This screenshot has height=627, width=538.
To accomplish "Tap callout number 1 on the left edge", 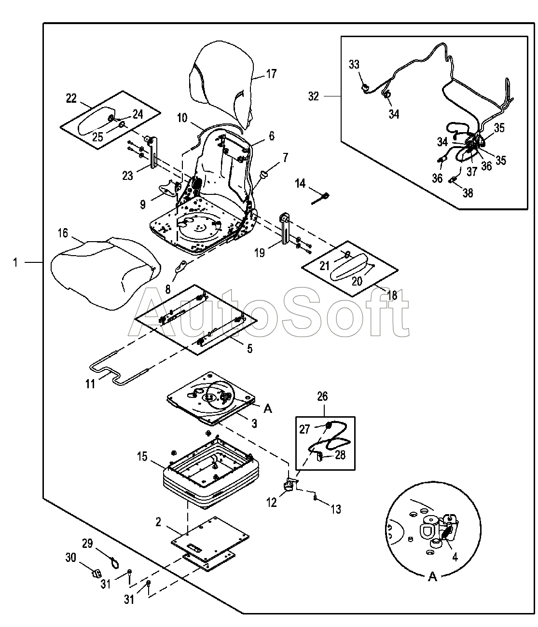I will click(x=16, y=262).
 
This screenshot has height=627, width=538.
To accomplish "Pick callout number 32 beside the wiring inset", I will click(x=314, y=96).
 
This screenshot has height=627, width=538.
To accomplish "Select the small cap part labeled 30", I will click(x=95, y=573).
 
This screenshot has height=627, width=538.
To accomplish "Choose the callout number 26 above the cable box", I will click(x=322, y=396).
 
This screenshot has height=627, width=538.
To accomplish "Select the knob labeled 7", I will click(x=263, y=174).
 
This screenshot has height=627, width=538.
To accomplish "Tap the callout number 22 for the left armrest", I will click(x=71, y=98).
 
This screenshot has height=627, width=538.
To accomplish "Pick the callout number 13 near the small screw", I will click(x=336, y=509).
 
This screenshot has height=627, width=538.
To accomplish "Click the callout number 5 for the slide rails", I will click(x=249, y=349).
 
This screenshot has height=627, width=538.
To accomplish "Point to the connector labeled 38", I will click(x=454, y=181).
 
